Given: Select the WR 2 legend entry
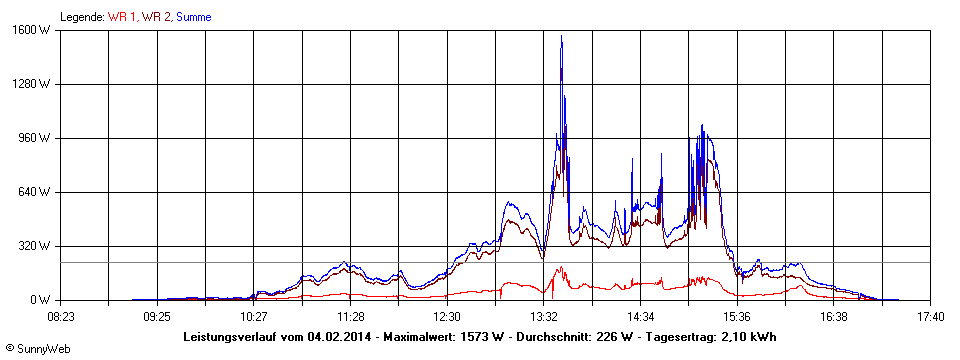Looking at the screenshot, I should pos(157,17).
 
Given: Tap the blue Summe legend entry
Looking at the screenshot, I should pos(194,17).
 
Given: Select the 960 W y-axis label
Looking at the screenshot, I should pos(37,138).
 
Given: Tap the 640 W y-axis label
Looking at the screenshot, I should pos(37,192).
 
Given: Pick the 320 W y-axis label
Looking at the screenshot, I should pos(37,246).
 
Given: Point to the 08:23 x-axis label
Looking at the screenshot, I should pos(60,317).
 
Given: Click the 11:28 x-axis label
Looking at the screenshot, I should pos(350,317).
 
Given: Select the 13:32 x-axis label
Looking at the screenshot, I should pos(543,317).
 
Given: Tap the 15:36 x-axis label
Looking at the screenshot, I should pos(737,317).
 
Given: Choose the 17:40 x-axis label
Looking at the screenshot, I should pos(930,317).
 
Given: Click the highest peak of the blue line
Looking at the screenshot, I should pos(562,37).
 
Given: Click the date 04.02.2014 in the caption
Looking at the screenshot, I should pos(341,336).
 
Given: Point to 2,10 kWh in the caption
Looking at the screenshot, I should pos(748,336).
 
